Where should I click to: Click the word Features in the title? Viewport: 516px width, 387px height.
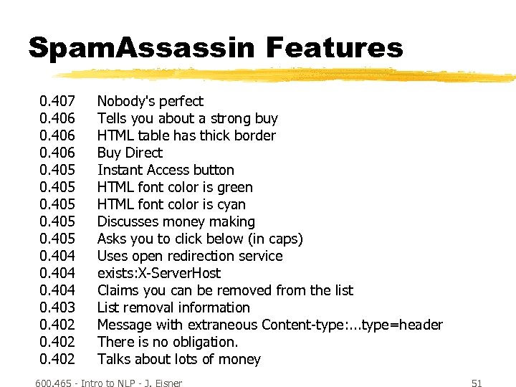(334, 48)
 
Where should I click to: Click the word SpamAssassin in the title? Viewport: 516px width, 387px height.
(140, 48)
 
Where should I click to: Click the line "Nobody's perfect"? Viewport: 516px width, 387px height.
(150, 101)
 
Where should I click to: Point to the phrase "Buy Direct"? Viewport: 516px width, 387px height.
(130, 153)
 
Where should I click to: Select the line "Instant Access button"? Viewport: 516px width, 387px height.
(166, 170)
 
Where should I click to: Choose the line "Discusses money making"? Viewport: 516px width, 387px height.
(176, 221)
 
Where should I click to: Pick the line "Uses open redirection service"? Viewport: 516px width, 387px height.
(190, 256)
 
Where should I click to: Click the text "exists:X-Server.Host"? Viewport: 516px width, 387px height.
(159, 273)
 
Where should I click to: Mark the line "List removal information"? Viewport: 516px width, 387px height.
(173, 307)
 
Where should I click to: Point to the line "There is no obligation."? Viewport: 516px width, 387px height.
(168, 342)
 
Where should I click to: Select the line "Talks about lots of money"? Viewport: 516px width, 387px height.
(179, 359)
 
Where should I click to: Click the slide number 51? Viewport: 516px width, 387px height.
(477, 383)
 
